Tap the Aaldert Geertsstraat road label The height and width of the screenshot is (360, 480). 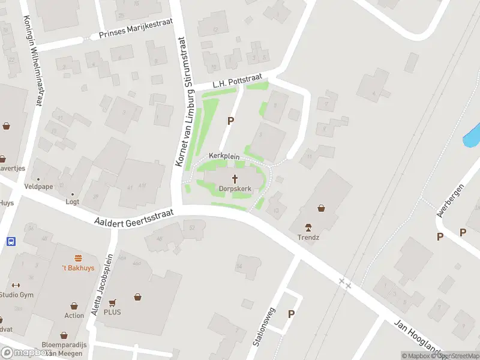coord(133,217)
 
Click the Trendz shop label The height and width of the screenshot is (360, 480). coord(308,236)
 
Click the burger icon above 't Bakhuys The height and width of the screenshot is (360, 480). coord(78,259)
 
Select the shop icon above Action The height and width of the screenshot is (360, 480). coord(74,306)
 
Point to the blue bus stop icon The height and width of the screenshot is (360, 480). coord(11,241)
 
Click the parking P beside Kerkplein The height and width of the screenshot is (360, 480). coord(230,121)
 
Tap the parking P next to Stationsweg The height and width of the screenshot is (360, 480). coord(292,313)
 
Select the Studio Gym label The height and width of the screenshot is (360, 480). coord(16,294)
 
